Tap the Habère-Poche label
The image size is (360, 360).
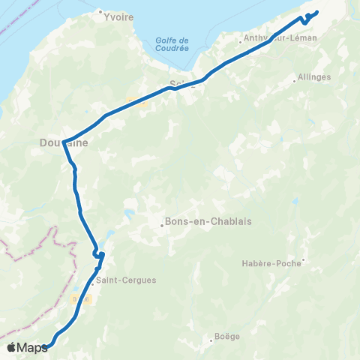[x=271, y=263]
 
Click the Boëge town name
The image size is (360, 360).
[x=226, y=336]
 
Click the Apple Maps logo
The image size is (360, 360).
[x=26, y=347]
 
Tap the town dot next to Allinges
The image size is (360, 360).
[x=295, y=76]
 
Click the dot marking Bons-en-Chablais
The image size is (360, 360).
[x=162, y=223]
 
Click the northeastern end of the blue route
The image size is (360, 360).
[x=316, y=12]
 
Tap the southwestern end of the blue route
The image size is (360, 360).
[x=45, y=346]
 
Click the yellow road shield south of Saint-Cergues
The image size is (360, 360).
[x=86, y=298]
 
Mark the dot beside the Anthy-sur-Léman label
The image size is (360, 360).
[x=239, y=42]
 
